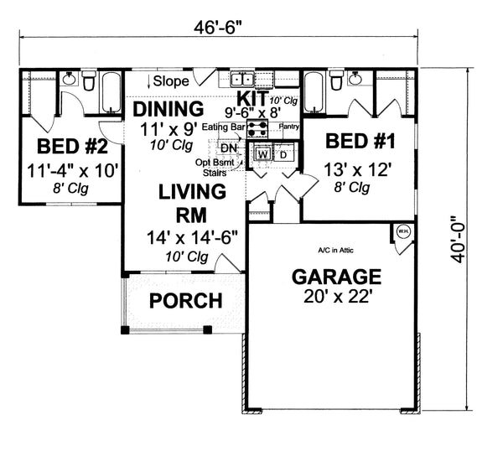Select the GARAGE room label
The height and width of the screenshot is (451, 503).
(335, 277)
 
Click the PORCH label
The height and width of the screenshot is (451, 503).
(185, 300)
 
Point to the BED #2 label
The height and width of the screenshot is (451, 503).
(72, 148)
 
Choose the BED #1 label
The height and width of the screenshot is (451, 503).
(359, 139)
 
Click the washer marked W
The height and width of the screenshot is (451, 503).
(262, 154)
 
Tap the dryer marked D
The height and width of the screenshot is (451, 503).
(283, 154)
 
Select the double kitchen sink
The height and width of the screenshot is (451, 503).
(244, 80)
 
